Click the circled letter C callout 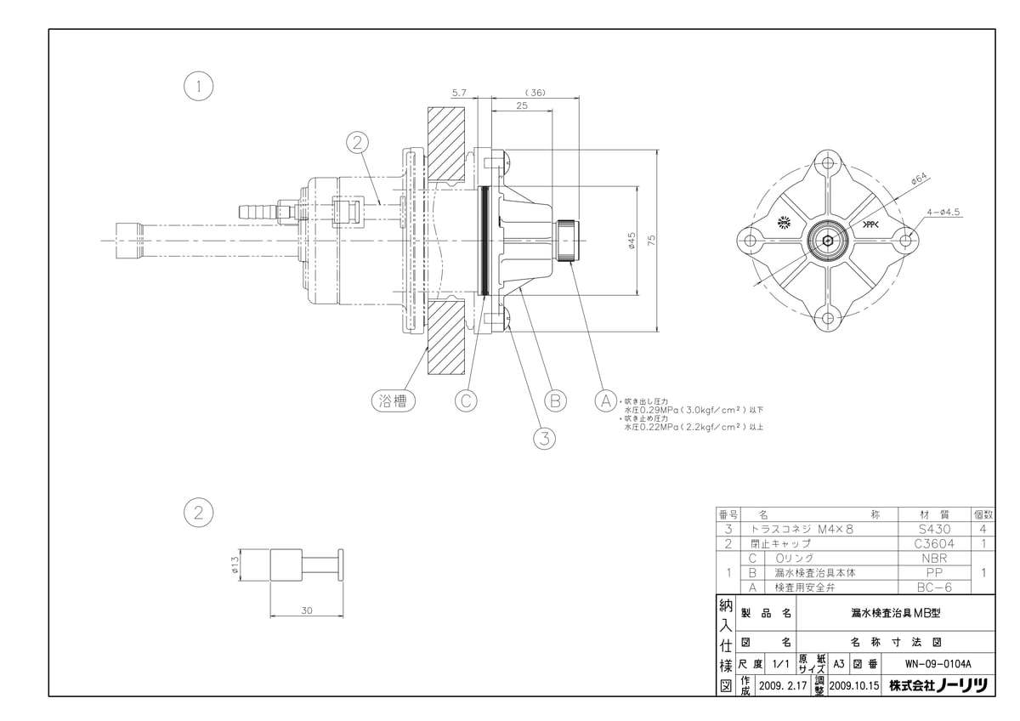(466, 399)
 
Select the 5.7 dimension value (459, 93)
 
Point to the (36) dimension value (535, 93)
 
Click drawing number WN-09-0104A (938, 664)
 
